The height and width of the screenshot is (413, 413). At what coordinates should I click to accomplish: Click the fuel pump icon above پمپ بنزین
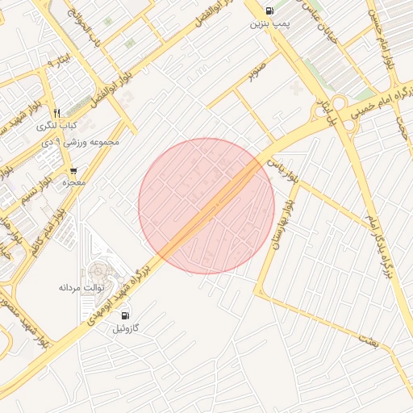[x=269, y=11]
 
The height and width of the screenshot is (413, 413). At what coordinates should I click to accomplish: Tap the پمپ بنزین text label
[x=269, y=25]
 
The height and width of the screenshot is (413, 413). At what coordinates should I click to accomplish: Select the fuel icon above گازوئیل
[x=125, y=315]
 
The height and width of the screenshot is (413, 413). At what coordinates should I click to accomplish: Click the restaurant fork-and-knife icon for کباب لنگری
[x=56, y=114]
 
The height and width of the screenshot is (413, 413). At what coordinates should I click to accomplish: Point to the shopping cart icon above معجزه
[x=74, y=171]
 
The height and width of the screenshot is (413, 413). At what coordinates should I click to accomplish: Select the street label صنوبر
[x=257, y=71]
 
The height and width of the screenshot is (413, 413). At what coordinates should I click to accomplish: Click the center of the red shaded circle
[x=206, y=206]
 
